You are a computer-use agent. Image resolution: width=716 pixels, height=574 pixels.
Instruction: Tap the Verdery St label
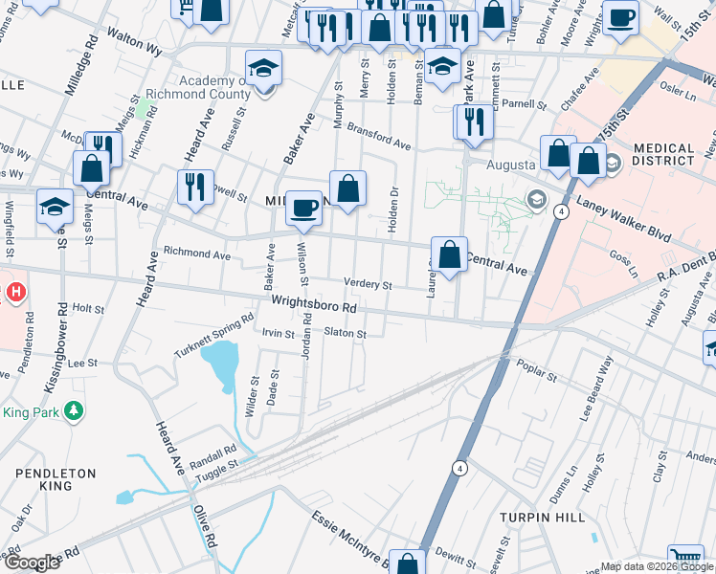point(369,285)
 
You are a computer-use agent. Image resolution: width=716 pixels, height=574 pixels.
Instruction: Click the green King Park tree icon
point(72,411)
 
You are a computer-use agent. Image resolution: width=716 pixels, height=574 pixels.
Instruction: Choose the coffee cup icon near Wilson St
point(304,207)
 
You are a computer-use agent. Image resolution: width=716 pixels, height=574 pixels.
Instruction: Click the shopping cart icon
point(685,559)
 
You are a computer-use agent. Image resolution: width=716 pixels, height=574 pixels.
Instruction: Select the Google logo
point(32,563)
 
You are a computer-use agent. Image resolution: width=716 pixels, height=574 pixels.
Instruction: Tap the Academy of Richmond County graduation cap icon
point(263,70)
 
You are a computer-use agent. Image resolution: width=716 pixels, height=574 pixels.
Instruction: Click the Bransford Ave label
point(378,138)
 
